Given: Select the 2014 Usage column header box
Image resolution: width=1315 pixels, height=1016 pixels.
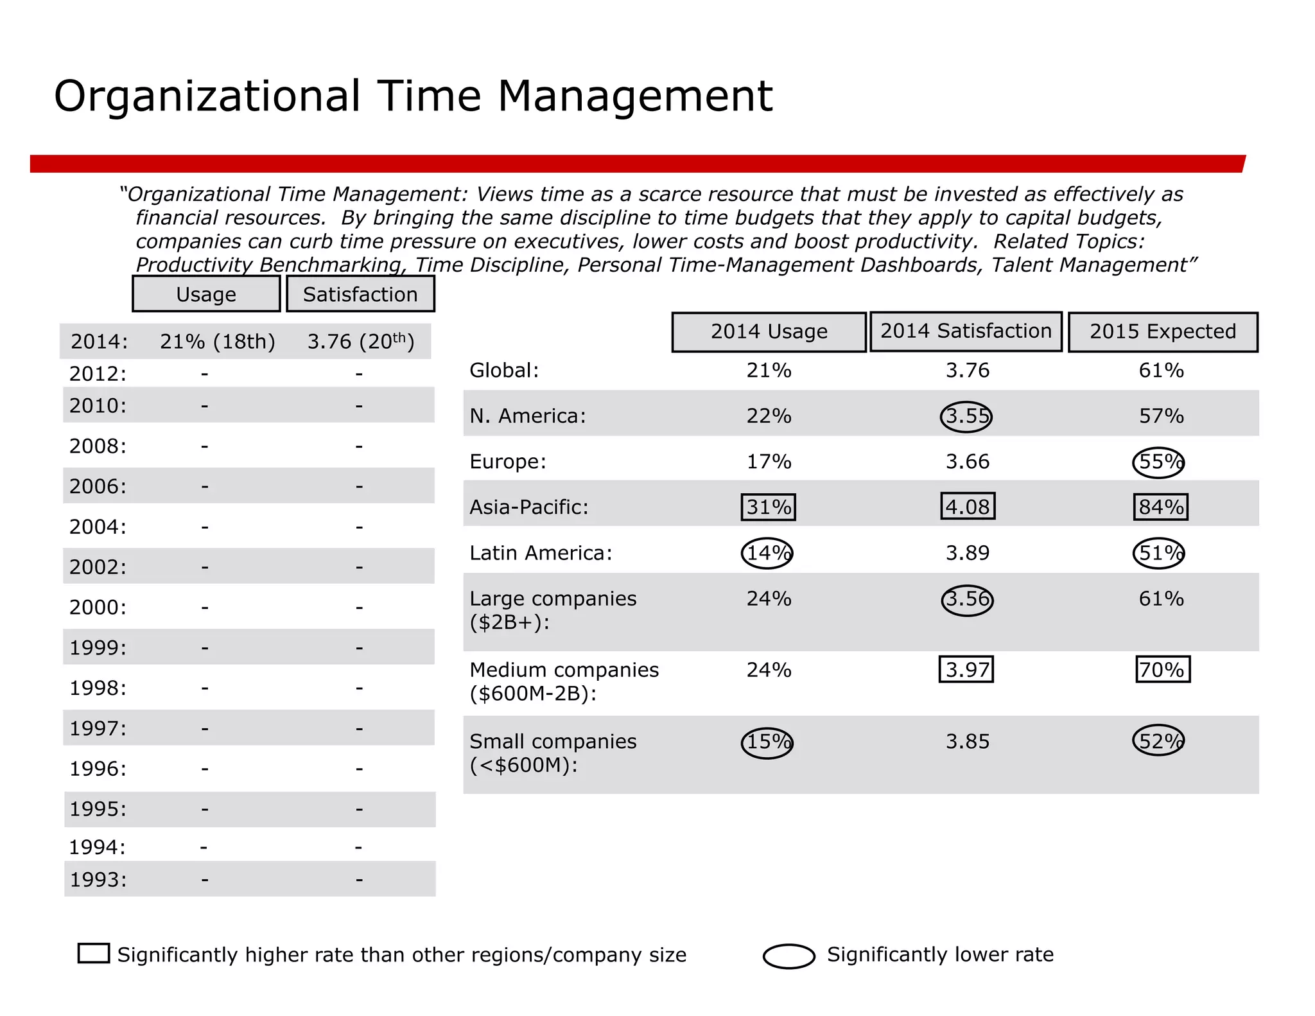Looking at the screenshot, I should (x=769, y=332).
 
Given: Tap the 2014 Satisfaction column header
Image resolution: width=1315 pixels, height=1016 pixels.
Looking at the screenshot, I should (x=966, y=331).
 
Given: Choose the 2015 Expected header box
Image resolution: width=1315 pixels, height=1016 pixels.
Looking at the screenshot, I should (x=1162, y=332).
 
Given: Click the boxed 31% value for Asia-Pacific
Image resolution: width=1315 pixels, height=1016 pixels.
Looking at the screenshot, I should (x=768, y=507).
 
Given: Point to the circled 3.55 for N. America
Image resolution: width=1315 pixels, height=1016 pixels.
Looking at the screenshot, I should (x=966, y=416).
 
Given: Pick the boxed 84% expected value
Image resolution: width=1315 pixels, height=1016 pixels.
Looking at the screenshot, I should (x=1160, y=507).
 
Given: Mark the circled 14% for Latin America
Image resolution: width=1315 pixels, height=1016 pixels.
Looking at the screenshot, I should (x=767, y=553).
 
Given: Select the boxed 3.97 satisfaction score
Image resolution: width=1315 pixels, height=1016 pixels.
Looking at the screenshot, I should (x=966, y=669).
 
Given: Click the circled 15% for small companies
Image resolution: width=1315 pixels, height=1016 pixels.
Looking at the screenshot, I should (x=767, y=742).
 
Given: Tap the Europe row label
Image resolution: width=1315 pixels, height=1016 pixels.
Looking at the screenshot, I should (x=507, y=462).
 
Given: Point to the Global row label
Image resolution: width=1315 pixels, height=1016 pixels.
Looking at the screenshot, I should (x=504, y=371).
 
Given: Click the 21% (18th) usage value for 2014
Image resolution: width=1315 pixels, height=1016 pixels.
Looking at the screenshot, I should (x=217, y=342).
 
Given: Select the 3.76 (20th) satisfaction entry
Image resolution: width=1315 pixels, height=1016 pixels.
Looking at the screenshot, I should (x=360, y=342).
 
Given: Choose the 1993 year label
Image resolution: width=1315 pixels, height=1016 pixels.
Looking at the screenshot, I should (x=98, y=879).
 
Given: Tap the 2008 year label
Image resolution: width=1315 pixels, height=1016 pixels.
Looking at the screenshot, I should (x=98, y=446).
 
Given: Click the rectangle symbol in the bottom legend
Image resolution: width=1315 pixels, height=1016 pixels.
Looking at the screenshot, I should (x=94, y=953).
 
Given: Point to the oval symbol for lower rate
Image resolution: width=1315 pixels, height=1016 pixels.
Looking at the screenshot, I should (x=789, y=956).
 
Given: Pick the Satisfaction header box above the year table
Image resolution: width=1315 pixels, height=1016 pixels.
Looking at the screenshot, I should (x=360, y=294).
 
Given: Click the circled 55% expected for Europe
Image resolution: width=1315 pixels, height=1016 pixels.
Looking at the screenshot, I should (x=1158, y=462).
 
